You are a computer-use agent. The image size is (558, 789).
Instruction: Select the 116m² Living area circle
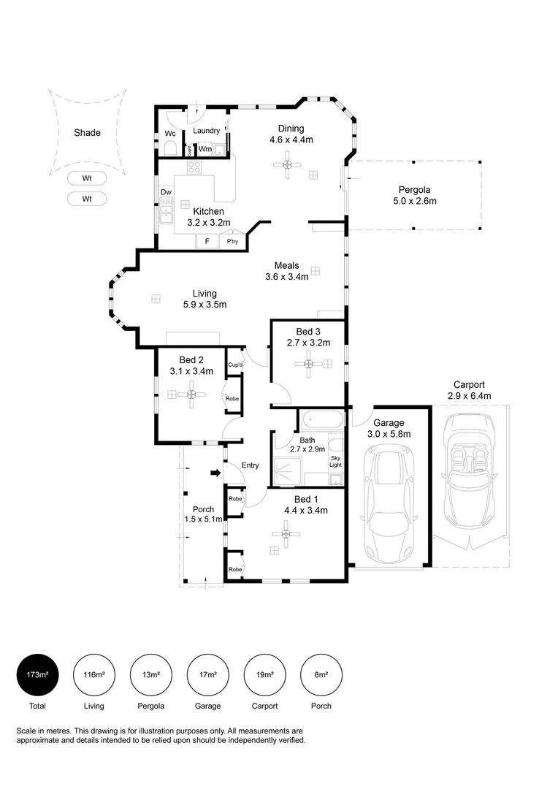click(93, 674)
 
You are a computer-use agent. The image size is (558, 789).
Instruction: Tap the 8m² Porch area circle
click(321, 674)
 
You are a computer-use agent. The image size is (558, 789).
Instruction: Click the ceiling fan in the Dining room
click(288, 164)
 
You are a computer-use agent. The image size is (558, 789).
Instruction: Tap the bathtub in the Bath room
click(321, 421)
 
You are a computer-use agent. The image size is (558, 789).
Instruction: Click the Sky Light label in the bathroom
click(335, 460)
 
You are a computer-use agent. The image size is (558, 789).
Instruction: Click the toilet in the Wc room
click(169, 150)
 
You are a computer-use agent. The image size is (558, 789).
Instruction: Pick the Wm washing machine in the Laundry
click(207, 149)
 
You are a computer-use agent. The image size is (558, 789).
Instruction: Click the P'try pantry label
click(233, 241)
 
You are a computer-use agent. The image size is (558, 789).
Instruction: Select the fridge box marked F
click(207, 241)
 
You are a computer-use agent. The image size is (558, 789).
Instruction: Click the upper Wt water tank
click(87, 178)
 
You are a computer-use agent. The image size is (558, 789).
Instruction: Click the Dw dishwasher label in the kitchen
click(166, 193)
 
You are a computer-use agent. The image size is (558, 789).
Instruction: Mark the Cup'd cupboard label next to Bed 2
click(235, 365)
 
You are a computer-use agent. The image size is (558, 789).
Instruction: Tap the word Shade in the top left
click(87, 133)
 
